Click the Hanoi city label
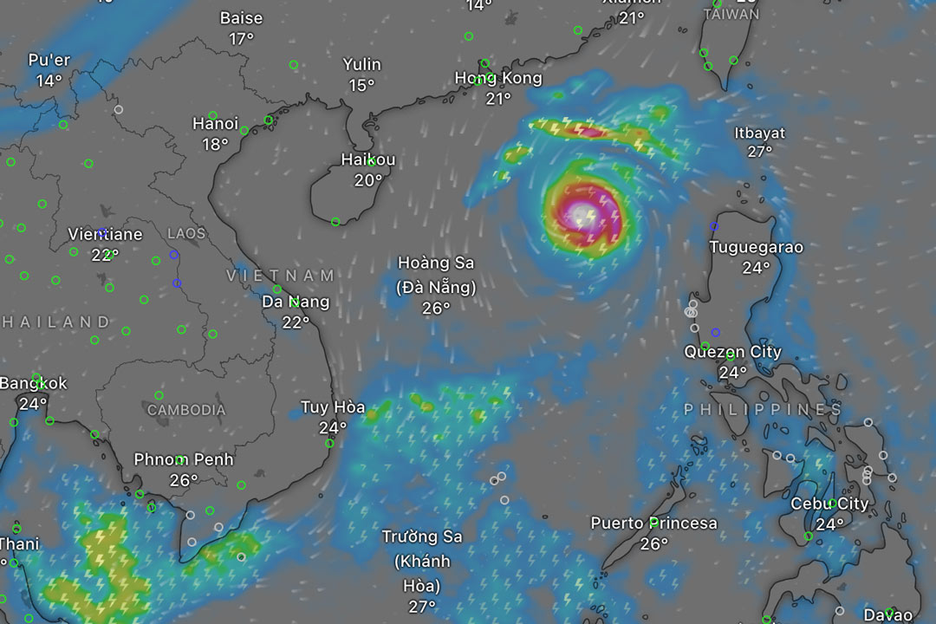point(215,124)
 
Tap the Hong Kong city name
point(498,78)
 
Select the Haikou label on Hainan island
point(368,159)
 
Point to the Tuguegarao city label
point(756,247)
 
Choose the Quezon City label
point(732,352)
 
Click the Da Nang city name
point(296,302)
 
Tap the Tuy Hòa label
point(333,406)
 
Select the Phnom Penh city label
point(184,459)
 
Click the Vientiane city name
point(105,234)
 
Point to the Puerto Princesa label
point(653,523)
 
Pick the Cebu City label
point(829,504)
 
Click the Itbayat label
point(759,133)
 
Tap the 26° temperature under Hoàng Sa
point(436,308)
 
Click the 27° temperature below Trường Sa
point(422,607)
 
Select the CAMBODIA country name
point(185,410)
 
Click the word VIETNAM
point(281,276)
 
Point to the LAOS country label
point(186,233)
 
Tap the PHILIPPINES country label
point(763,409)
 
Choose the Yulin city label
point(361,64)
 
